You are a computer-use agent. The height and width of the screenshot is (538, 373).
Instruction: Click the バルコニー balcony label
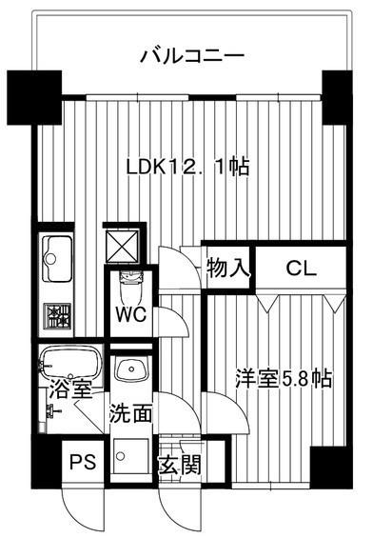click(192, 55)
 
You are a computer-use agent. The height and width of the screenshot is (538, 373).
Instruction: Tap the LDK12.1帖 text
click(188, 167)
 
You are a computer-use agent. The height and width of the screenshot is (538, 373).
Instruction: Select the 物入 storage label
click(228, 269)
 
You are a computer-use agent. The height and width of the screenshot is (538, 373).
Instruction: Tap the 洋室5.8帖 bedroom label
click(284, 378)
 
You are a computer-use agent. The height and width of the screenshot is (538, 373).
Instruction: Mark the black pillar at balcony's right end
click(336, 95)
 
